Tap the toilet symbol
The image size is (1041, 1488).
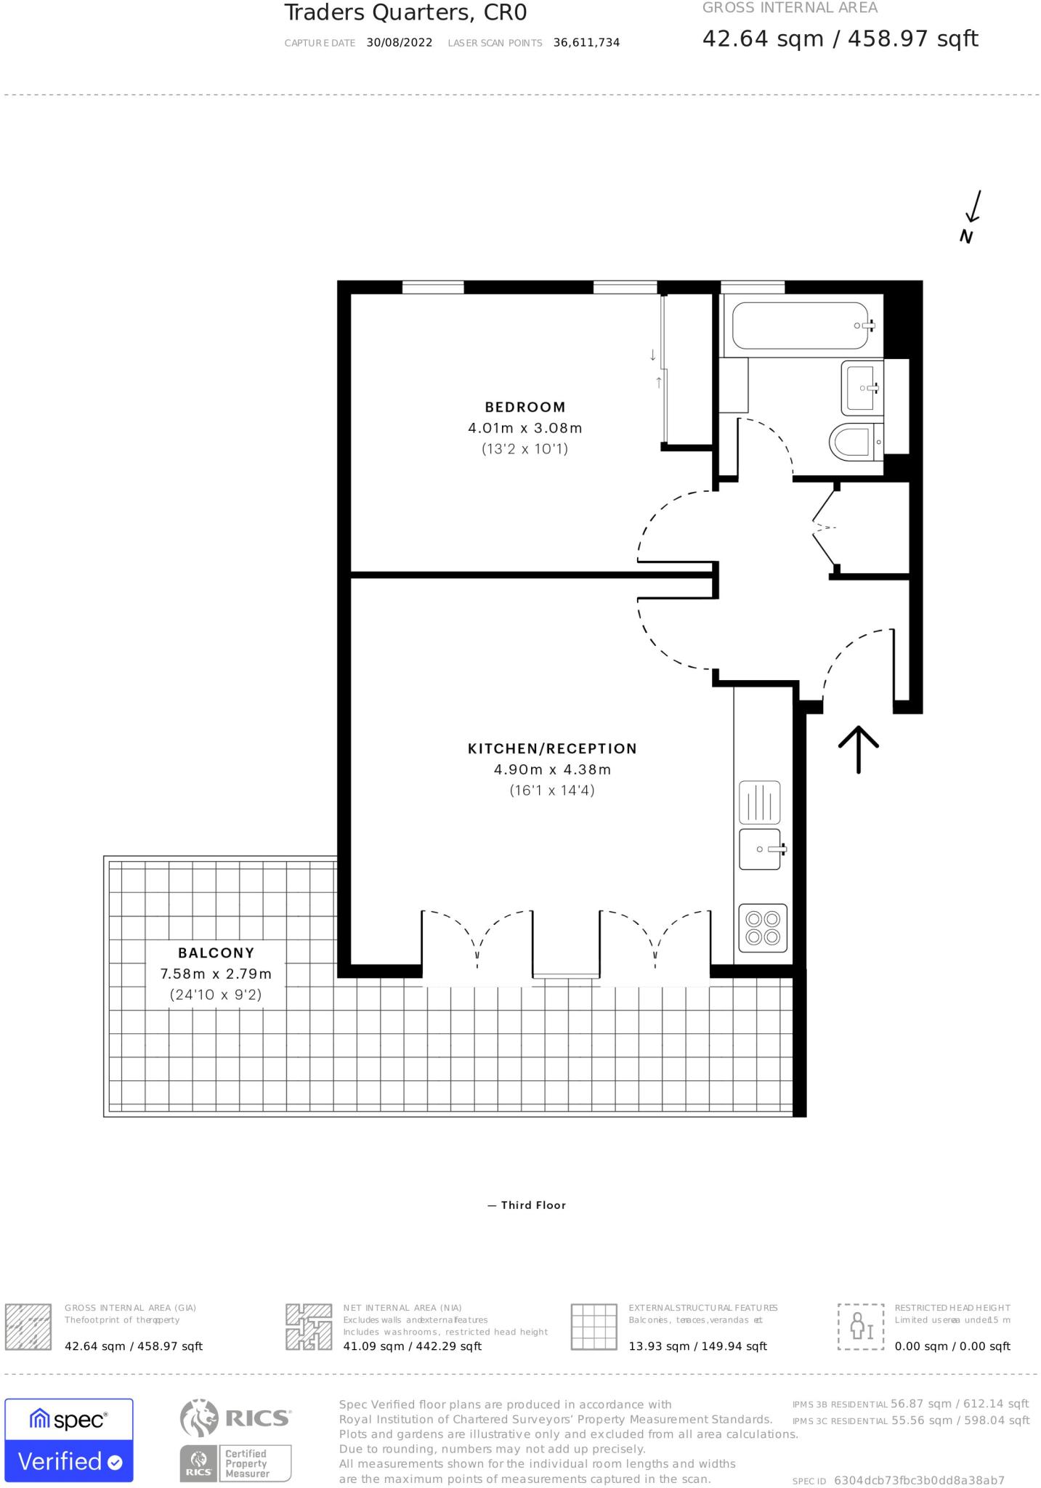tap(854, 442)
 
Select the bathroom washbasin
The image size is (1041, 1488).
tap(862, 387)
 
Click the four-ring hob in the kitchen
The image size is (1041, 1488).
tap(763, 928)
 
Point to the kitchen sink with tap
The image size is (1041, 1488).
tap(761, 849)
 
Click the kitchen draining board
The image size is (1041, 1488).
tap(760, 802)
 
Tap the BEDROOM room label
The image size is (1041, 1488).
tap(525, 407)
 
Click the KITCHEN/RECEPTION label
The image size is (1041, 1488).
tap(552, 748)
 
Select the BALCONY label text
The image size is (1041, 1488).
tap(216, 953)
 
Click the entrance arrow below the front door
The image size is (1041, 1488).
tap(859, 748)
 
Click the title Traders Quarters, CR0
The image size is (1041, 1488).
tap(405, 12)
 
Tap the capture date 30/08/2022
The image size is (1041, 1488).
tap(400, 43)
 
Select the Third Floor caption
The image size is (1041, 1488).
tap(527, 1205)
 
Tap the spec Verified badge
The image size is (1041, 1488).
tap(69, 1439)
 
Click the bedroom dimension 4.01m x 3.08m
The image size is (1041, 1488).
tap(525, 428)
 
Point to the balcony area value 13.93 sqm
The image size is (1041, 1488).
tap(697, 1346)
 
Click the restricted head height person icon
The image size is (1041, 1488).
tap(861, 1326)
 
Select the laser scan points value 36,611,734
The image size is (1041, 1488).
tap(586, 43)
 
